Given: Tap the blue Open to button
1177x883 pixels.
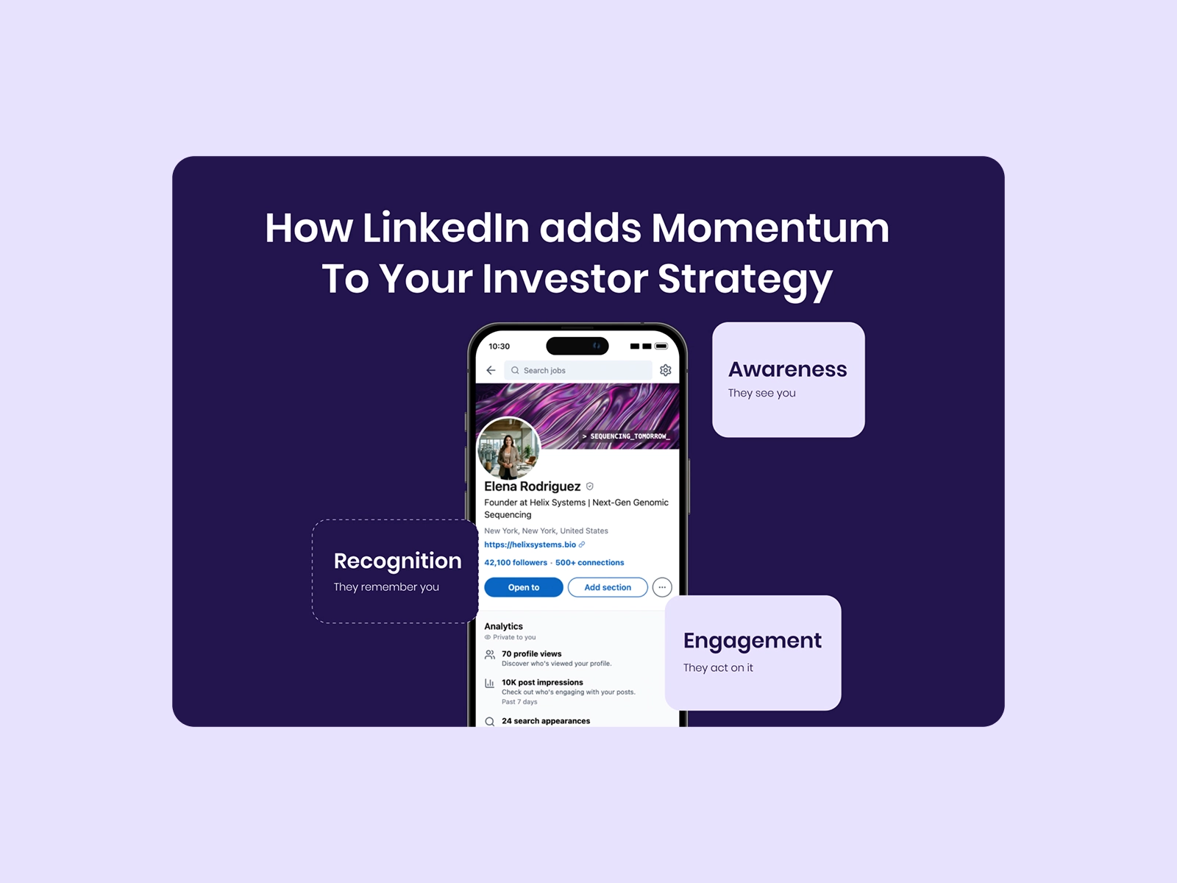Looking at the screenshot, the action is click(523, 587).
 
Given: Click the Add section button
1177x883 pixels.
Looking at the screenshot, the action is click(608, 587).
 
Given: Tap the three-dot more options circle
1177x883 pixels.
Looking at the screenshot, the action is click(662, 587).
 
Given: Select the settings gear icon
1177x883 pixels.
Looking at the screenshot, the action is click(666, 370).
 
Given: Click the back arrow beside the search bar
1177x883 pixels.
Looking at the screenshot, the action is click(491, 370).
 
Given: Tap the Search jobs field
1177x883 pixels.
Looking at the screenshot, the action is click(578, 370).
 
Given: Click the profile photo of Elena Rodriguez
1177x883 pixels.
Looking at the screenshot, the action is click(508, 448).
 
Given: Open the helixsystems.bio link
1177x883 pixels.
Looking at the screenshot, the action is click(530, 545).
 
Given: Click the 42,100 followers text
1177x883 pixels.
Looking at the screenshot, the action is click(516, 562).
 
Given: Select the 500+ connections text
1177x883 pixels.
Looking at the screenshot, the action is click(589, 562).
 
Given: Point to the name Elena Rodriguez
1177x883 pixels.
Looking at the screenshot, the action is click(532, 486).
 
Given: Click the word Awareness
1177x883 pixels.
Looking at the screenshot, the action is click(787, 369).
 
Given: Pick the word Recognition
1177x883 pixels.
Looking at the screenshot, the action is click(397, 561).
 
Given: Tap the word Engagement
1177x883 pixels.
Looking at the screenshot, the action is click(752, 642).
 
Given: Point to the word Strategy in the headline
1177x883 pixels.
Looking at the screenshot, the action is click(745, 280).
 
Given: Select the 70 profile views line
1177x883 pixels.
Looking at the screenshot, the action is click(531, 653).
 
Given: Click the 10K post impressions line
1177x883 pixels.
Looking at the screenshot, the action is click(542, 682).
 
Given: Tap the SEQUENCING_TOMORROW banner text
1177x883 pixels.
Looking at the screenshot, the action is click(626, 436).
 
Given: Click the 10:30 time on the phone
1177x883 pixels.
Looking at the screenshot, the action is click(499, 347).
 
